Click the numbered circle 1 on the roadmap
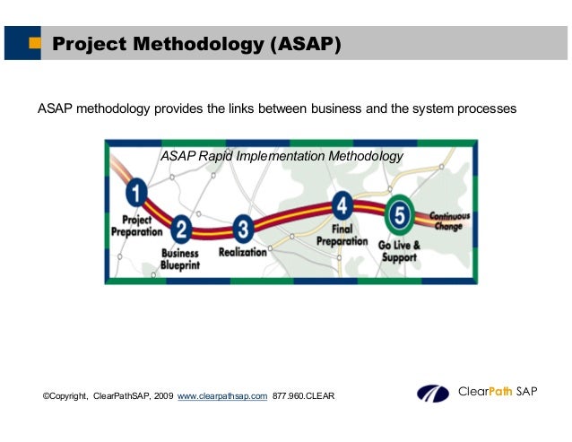tap(136, 193)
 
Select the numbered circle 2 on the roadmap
tap(182, 230)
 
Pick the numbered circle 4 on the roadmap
tap(342, 207)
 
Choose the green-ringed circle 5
tap(399, 215)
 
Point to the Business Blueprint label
tap(179, 259)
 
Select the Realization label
tap(243, 253)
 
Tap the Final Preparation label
tap(342, 235)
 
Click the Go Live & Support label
tap(398, 249)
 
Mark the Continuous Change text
tap(449, 221)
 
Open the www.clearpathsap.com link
tap(223, 395)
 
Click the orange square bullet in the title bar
tap(34, 44)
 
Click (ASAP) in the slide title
tap(305, 44)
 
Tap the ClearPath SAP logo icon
tap(434, 394)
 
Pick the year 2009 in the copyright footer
tap(164, 395)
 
